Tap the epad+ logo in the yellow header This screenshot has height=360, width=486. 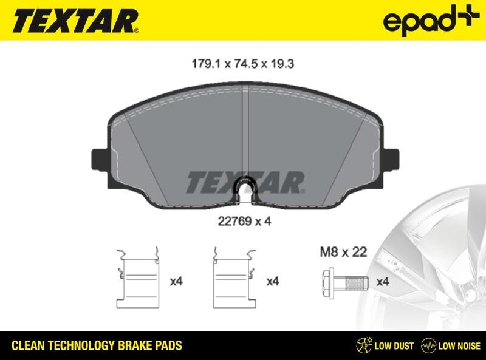coord(428,22)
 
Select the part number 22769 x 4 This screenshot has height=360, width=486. coord(242,222)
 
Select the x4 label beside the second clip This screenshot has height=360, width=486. coord(273,282)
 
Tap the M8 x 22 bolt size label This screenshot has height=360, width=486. coord(343,251)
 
